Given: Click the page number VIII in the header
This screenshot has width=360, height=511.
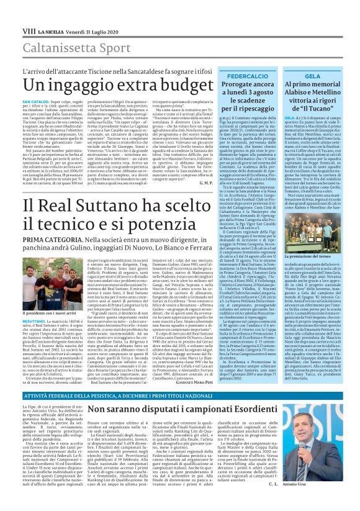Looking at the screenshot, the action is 29,13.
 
